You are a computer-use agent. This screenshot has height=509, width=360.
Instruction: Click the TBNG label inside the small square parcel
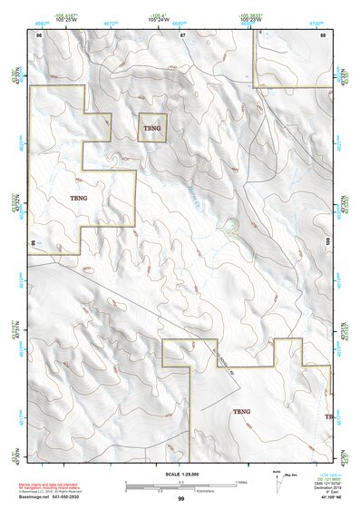tap(151, 129)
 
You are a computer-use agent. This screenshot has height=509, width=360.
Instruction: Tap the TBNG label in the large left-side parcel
tap(80, 197)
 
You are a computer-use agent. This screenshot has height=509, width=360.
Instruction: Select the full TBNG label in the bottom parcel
tap(241, 412)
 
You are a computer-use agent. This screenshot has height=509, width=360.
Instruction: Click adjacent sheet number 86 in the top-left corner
tap(38, 34)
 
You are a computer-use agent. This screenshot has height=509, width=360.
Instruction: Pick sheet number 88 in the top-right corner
tap(323, 34)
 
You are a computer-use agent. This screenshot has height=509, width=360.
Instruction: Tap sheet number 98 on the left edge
tap(33, 243)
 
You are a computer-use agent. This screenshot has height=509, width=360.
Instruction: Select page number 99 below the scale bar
tap(180, 499)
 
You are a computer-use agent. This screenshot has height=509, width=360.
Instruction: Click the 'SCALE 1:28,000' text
tap(180, 475)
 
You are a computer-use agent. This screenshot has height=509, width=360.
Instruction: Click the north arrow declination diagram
tap(278, 478)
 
